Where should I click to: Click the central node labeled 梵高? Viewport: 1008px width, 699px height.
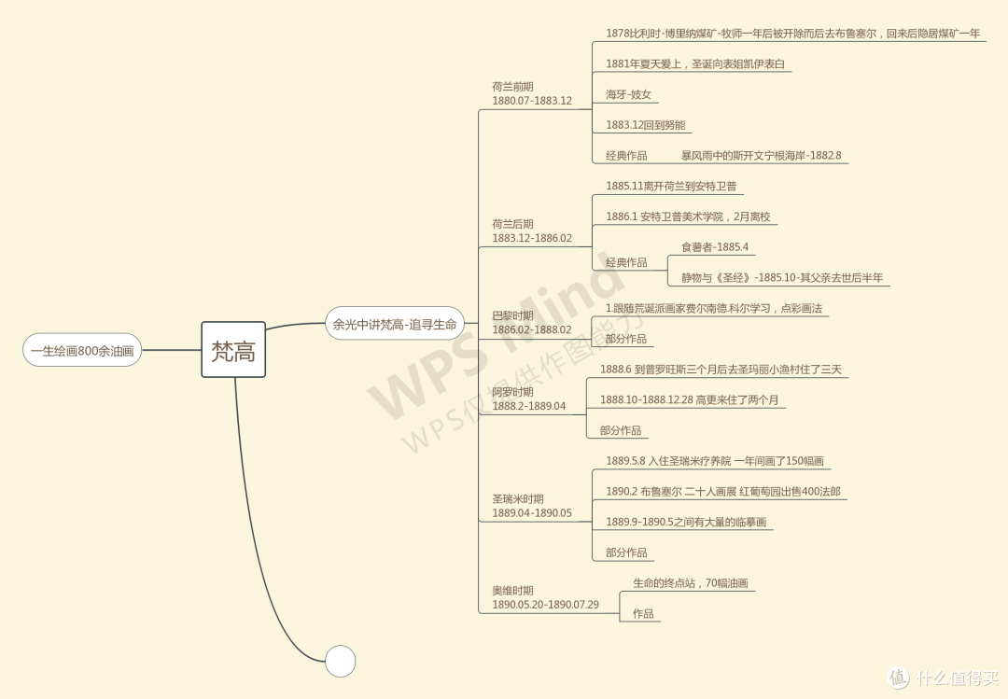point(233,350)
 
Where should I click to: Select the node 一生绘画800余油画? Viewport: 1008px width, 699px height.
point(82,351)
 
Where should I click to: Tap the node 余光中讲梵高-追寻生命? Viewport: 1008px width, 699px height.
point(394,324)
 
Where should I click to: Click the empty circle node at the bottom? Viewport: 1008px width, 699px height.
point(340,661)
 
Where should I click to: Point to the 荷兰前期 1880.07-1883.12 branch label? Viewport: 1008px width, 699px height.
point(532,93)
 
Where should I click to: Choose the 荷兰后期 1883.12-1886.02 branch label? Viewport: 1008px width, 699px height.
point(532,231)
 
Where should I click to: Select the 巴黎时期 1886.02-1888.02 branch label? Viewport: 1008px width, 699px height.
point(532,323)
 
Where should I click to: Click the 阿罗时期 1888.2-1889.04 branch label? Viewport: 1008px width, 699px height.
point(528,398)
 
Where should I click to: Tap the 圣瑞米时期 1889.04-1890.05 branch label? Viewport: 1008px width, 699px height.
point(532,506)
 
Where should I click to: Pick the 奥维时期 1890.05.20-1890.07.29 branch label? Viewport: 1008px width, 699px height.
point(545,597)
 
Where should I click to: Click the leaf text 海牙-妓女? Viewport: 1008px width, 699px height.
point(628,94)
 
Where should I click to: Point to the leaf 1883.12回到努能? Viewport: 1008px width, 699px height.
point(646,125)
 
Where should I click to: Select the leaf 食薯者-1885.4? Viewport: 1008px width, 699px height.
point(715,247)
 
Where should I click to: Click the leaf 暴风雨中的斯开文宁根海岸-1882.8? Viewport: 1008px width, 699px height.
point(762,155)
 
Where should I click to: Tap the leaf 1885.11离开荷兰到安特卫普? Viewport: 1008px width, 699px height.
point(670,186)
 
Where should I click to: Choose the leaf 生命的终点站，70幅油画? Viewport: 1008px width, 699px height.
point(691,583)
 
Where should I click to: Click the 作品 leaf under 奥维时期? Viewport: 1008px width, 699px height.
point(643,613)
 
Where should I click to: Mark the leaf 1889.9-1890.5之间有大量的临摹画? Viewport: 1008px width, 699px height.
point(686,523)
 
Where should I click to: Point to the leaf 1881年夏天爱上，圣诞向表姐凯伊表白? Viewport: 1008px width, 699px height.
point(695,63)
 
